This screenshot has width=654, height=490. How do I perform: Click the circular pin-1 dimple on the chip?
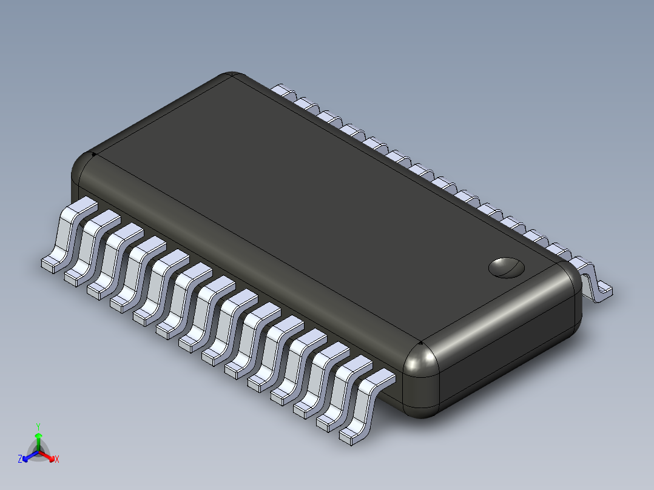pos(506,267)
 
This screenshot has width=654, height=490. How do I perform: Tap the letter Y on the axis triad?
pos(38,426)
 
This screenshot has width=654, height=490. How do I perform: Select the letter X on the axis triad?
pos(57,459)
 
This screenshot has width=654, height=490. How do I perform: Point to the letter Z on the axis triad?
pos(20,459)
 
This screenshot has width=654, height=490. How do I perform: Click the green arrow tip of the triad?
pos(38,436)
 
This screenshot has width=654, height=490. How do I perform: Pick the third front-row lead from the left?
pos(112,257)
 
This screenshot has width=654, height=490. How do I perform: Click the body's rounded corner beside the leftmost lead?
pos(85,173)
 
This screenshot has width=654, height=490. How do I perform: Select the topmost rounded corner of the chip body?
pos(231,78)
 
